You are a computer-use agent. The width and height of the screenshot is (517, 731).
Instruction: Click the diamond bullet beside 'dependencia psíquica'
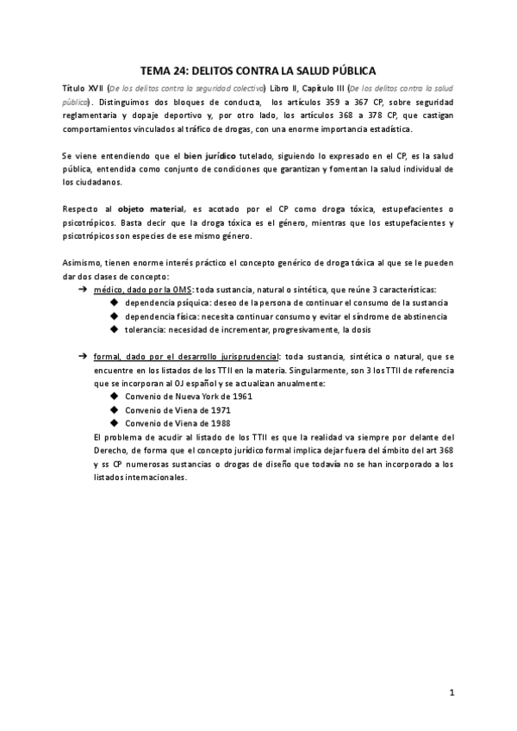(x=115, y=303)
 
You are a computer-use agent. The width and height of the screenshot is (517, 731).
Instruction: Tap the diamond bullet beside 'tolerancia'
(x=115, y=330)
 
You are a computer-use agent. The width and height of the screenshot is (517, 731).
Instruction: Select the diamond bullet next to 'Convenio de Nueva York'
(x=115, y=397)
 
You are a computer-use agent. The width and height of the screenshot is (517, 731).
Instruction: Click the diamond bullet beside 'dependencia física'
(x=115, y=317)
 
